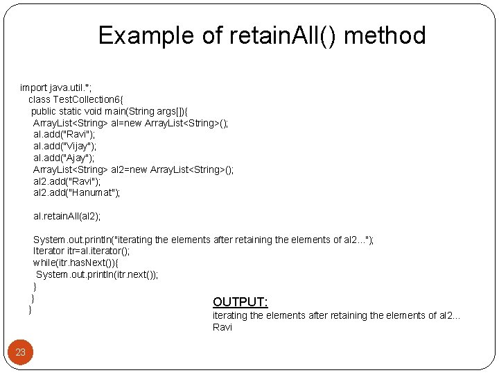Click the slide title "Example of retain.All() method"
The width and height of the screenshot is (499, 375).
tap(262, 35)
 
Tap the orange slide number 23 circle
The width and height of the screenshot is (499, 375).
tap(21, 352)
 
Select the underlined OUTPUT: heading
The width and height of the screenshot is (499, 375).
tap(240, 301)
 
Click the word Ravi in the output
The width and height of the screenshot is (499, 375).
tap(222, 327)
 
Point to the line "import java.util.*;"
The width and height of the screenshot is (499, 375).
tap(55, 87)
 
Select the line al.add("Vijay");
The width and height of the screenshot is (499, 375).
tap(65, 146)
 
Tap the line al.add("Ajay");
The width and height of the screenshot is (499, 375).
tap(64, 158)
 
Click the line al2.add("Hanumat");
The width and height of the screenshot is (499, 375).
tap(76, 193)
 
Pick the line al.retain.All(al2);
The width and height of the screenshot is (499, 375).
tap(67, 217)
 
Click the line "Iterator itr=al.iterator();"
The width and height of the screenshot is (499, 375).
tap(81, 251)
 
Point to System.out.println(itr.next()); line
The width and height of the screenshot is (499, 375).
tap(97, 274)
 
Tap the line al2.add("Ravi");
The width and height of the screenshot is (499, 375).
tap(67, 181)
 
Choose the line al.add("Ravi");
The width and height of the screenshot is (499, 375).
tap(64, 134)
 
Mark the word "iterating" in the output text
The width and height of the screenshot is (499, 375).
tap(229, 315)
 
